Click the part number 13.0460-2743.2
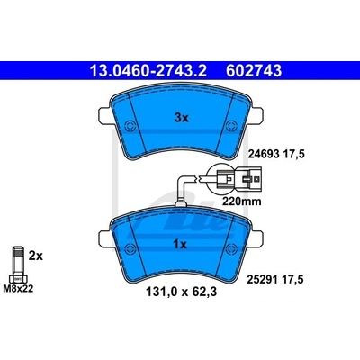point(148,71)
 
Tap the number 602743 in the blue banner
point(254,71)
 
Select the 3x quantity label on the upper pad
point(182,118)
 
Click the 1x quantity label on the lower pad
point(180,245)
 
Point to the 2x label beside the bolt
point(36,256)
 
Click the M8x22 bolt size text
point(18,289)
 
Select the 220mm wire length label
point(241,202)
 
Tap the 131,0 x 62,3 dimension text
point(181,292)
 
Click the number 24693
point(264,154)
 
